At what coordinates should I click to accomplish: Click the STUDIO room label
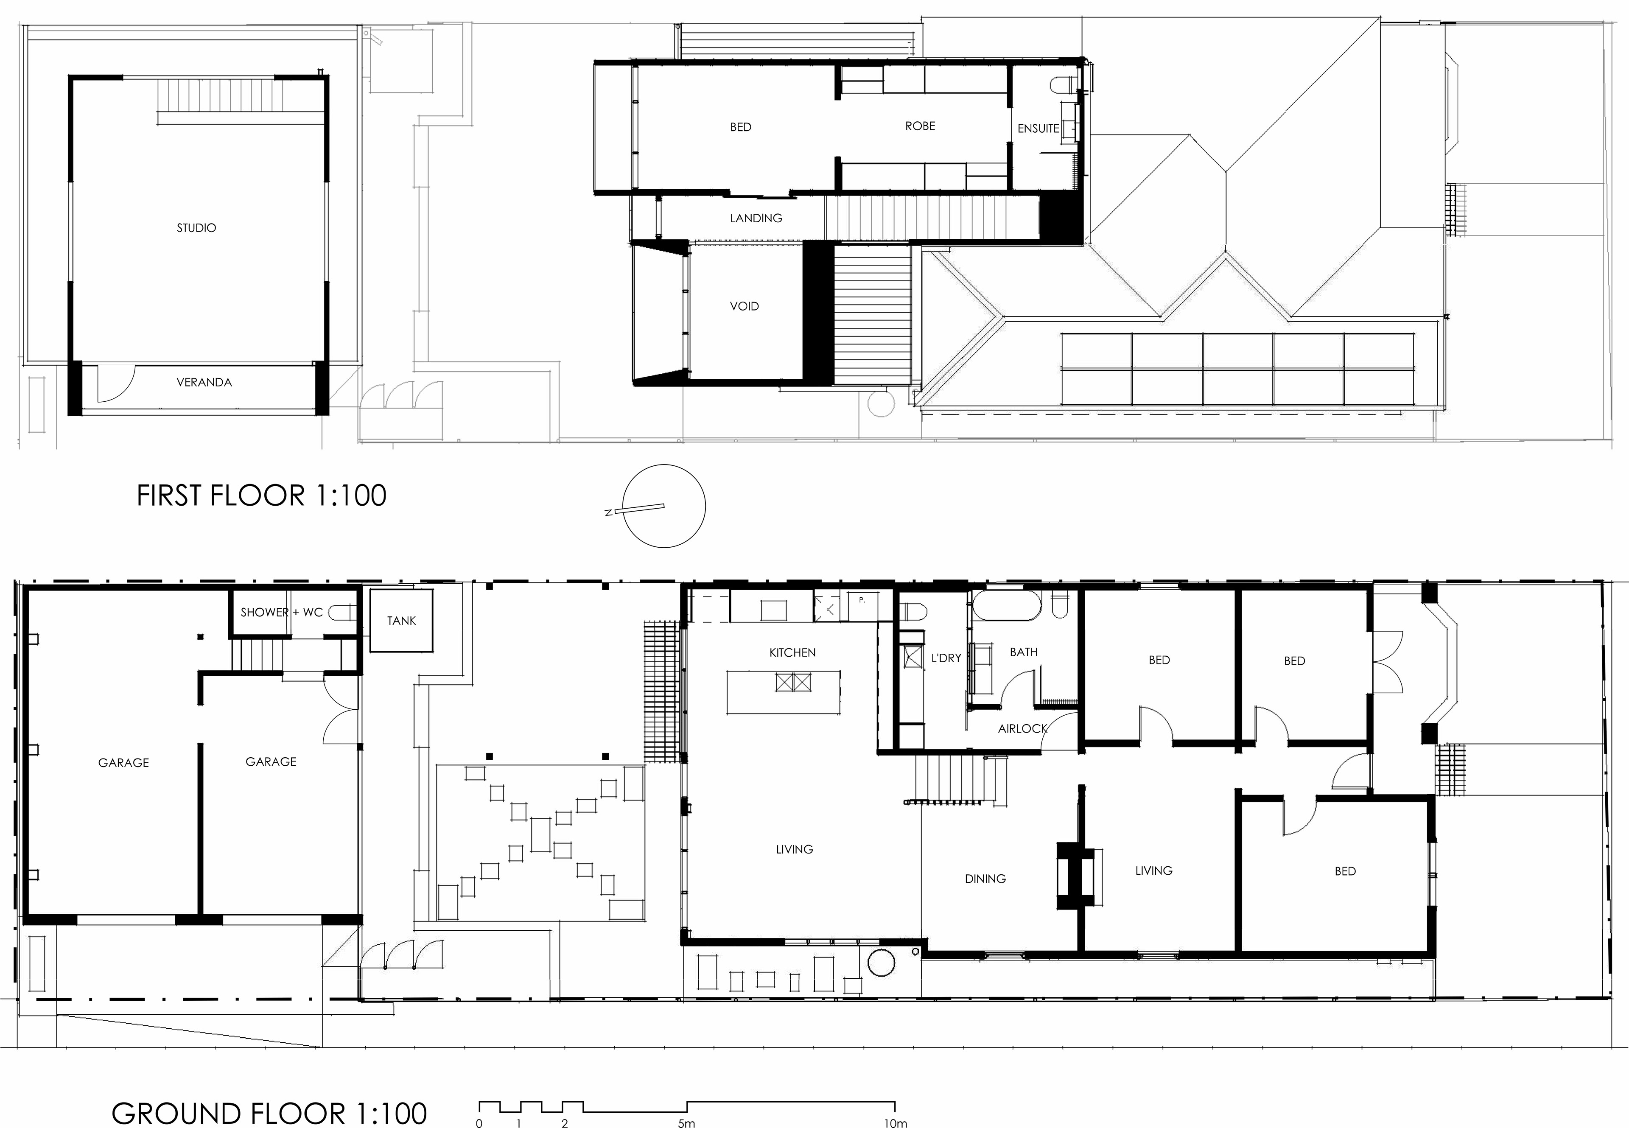click(196, 227)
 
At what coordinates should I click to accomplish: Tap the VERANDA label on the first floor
click(204, 382)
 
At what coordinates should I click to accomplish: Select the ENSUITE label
click(1038, 129)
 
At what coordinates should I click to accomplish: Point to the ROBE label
click(920, 126)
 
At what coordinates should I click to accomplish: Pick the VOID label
click(744, 306)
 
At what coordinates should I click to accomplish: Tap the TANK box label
click(401, 621)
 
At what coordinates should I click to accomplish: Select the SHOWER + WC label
click(281, 612)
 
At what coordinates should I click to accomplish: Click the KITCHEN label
click(792, 652)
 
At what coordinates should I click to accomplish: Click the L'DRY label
click(946, 658)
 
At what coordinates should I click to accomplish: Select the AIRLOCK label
click(1022, 729)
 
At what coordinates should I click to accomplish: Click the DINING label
click(985, 879)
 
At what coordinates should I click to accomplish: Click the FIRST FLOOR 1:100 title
click(261, 495)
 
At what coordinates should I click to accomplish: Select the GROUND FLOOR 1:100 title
click(269, 1113)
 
